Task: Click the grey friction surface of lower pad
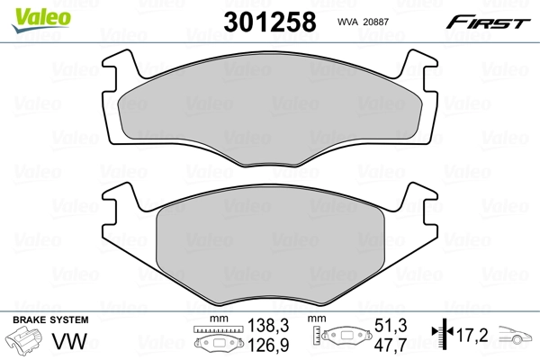point(270,243)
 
